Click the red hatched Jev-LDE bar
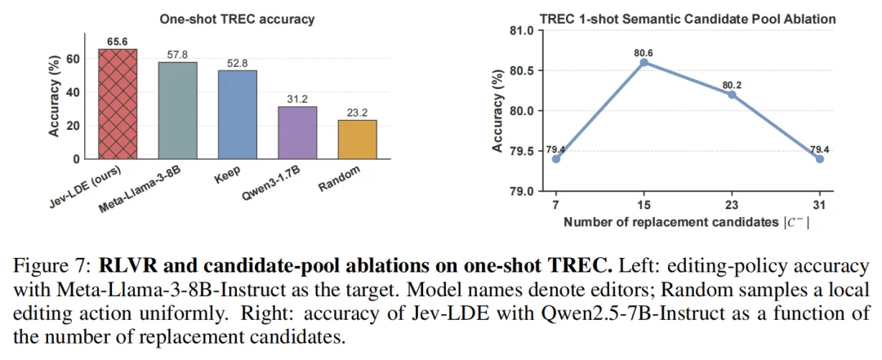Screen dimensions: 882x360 [118, 104]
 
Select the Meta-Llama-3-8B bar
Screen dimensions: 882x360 [178, 110]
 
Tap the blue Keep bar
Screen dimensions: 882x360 [238, 115]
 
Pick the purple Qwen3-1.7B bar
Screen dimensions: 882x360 [297, 133]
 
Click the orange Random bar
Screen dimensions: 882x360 [357, 140]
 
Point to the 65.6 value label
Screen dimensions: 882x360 [118, 42]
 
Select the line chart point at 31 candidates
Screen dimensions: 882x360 [820, 158]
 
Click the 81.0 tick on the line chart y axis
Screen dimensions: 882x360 [521, 30]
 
